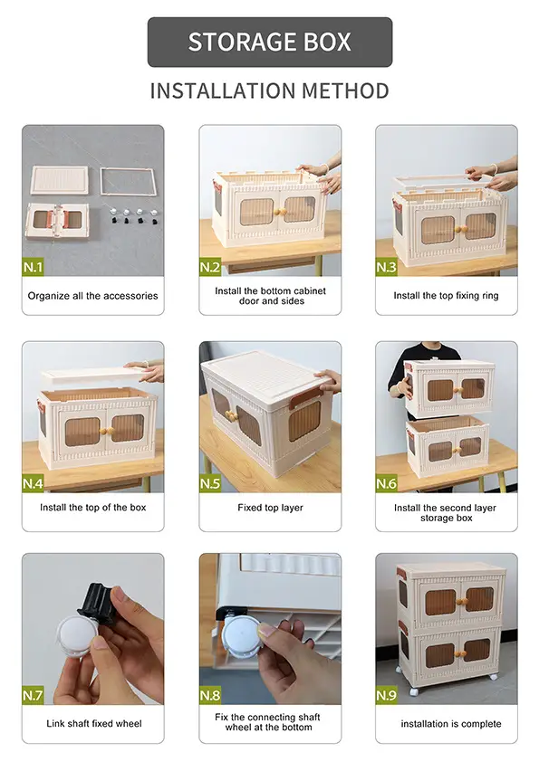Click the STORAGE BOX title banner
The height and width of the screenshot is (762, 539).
pos(270,42)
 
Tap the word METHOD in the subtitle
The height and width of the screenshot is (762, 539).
pos(345,90)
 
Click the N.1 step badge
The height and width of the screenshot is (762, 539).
pos(34,267)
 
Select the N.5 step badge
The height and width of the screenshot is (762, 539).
pos(210,483)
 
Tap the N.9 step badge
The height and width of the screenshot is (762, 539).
pos(386,695)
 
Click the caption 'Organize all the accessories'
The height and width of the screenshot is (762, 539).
pos(93,295)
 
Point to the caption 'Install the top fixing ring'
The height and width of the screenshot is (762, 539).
pos(446,295)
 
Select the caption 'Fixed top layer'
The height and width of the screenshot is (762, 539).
pos(270,508)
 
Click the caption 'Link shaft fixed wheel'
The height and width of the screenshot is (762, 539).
pos(94,724)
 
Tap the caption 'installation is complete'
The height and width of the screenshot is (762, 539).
pos(451,724)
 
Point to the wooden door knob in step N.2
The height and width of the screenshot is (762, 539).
pos(281,212)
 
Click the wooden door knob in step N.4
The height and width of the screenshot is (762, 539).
pos(105,431)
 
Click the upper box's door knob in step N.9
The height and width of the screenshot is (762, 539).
pos(462,602)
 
